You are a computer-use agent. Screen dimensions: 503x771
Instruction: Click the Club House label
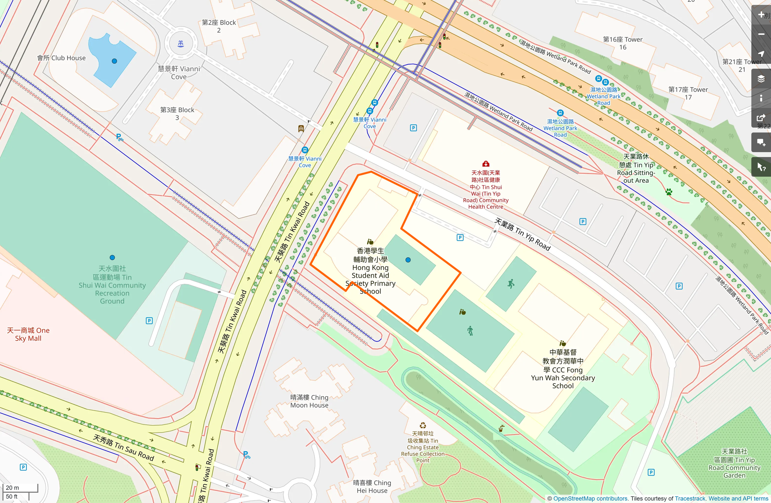61,58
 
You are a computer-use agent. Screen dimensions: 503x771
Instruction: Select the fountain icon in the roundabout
180,43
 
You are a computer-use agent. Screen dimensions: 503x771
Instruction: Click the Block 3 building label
177,114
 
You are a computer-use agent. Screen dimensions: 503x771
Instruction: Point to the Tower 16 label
622,43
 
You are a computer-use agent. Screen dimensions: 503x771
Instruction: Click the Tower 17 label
688,93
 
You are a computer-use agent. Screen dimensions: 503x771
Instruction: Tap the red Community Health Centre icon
486,164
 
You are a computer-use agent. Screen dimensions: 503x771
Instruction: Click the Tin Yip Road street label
523,234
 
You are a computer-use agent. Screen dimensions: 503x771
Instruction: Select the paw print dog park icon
669,192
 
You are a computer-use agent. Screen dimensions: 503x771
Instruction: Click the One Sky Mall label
28,334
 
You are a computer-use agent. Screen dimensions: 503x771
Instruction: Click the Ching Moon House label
309,401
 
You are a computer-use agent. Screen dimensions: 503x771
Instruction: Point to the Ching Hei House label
372,487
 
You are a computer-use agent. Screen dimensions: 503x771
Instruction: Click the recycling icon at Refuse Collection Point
423,425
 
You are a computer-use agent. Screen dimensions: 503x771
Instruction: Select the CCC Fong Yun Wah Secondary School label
563,369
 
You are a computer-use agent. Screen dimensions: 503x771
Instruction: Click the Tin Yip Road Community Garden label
734,463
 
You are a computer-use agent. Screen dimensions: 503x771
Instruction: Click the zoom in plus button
761,15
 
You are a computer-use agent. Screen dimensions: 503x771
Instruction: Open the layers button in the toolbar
761,79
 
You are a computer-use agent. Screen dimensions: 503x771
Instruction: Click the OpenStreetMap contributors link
590,499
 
